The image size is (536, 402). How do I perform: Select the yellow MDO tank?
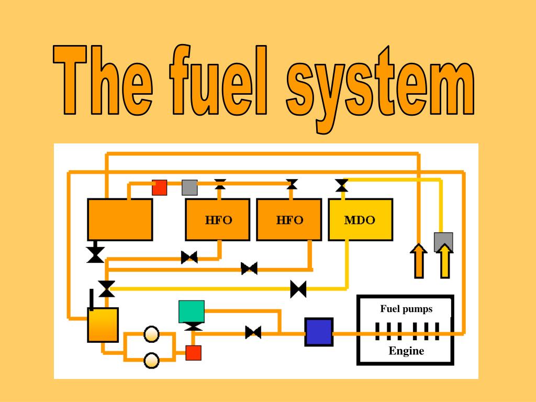point(360,220)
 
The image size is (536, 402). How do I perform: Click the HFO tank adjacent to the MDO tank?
point(289,220)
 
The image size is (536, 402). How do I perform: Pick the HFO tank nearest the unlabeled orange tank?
point(218,220)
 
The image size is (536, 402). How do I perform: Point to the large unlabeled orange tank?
point(119,219)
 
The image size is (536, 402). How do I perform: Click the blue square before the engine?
point(319,332)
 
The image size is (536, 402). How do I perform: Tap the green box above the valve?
point(191,311)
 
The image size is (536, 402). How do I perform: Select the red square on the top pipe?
point(159,187)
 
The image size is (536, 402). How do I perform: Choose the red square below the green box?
point(193,353)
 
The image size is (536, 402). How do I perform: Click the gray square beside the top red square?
point(189,187)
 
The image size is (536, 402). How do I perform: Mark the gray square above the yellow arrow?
point(443,242)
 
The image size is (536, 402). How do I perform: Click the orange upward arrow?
point(418,261)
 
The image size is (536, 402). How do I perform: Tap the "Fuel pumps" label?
point(406,309)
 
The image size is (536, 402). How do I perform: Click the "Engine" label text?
point(406,351)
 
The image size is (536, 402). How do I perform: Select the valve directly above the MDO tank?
point(342,185)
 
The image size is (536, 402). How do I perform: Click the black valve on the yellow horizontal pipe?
point(298,288)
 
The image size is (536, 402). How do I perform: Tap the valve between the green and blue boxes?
point(253,332)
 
